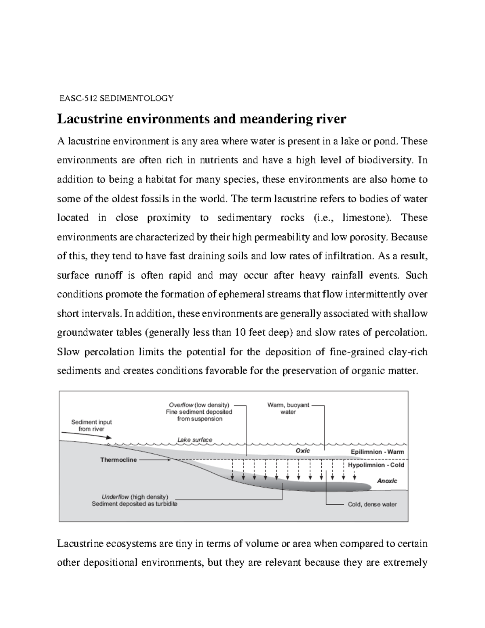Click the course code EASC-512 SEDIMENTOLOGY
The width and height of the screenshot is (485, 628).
click(x=116, y=98)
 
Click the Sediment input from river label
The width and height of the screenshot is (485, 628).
click(x=91, y=425)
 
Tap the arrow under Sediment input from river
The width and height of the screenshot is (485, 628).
click(x=86, y=438)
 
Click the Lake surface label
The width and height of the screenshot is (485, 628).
click(x=194, y=440)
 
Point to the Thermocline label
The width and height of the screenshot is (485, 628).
click(x=118, y=460)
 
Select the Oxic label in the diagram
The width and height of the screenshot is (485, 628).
click(x=303, y=450)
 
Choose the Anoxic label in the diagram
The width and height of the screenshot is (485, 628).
click(x=387, y=481)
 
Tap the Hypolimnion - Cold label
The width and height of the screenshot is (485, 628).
click(x=376, y=465)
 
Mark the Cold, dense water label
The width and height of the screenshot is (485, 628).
click(x=372, y=504)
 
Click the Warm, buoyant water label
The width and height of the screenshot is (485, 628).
click(x=288, y=408)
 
